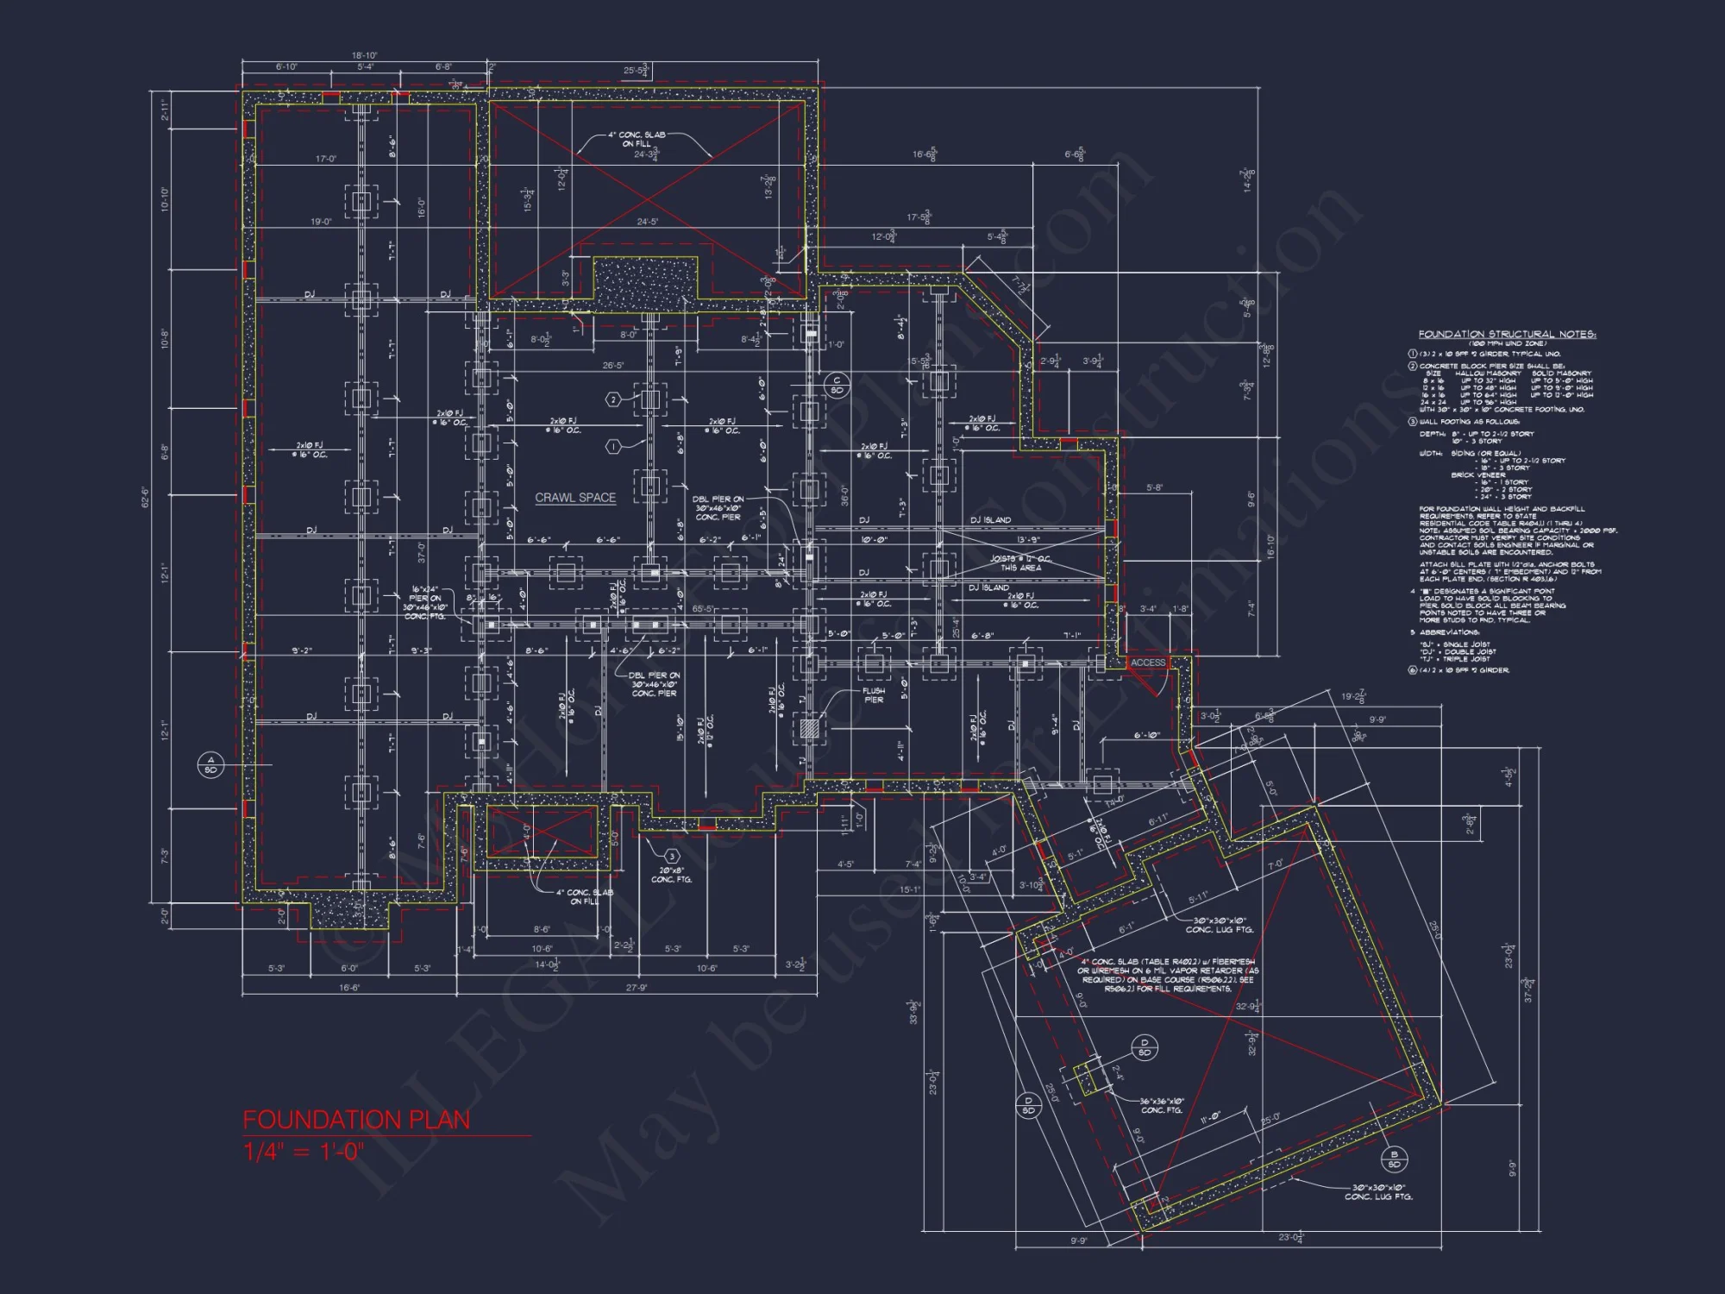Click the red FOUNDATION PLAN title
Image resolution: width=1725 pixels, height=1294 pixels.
pos(356,1120)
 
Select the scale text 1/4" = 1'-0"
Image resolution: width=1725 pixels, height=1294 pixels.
pos(304,1152)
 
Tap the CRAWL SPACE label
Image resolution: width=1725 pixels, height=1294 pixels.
pos(575,498)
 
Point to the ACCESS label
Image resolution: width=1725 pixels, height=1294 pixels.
pos(1148,663)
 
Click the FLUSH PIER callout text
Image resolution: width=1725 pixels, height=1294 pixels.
pos(874,694)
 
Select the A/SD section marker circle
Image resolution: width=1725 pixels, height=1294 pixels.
pos(210,764)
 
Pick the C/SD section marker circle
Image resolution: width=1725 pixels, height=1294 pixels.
pos(836,385)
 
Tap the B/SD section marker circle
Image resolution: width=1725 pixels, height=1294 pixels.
pos(1394,1159)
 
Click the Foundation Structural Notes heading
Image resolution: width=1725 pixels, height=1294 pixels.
pos(1507,334)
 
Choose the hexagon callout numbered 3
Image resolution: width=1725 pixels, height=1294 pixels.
pos(671,856)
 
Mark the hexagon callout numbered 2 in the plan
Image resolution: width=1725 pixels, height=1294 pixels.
pos(613,399)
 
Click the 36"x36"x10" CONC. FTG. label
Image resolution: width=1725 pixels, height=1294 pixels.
pos(1162,1105)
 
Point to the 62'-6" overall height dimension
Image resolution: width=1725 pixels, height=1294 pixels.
pos(145,498)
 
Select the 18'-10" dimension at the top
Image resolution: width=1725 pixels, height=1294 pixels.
pos(364,55)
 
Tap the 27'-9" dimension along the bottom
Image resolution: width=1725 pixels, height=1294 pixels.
pos(636,988)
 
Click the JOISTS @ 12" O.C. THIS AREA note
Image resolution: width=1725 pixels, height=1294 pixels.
pos(1020,563)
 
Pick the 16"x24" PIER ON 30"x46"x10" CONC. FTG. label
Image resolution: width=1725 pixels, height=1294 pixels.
pos(424,602)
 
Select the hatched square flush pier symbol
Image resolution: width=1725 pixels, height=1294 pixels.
pos(808,728)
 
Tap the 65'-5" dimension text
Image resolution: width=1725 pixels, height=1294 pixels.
pos(703,609)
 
